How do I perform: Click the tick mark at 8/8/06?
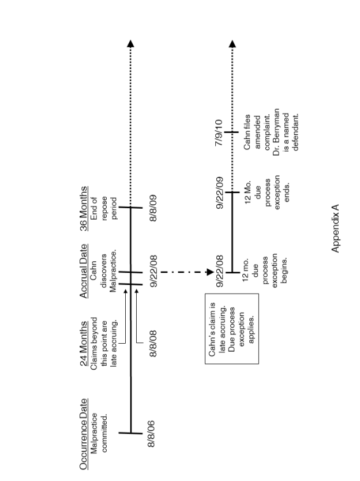(131, 432)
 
